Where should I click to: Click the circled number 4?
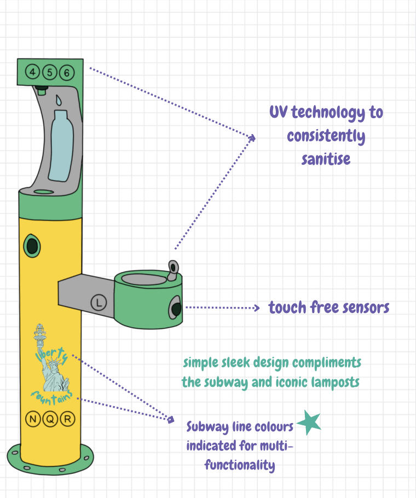[33, 72]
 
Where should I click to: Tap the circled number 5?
[50, 72]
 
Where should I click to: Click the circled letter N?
[33, 420]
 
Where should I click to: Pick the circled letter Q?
[50, 420]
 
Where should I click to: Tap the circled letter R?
[67, 420]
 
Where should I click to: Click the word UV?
[279, 113]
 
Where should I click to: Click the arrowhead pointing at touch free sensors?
[257, 308]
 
